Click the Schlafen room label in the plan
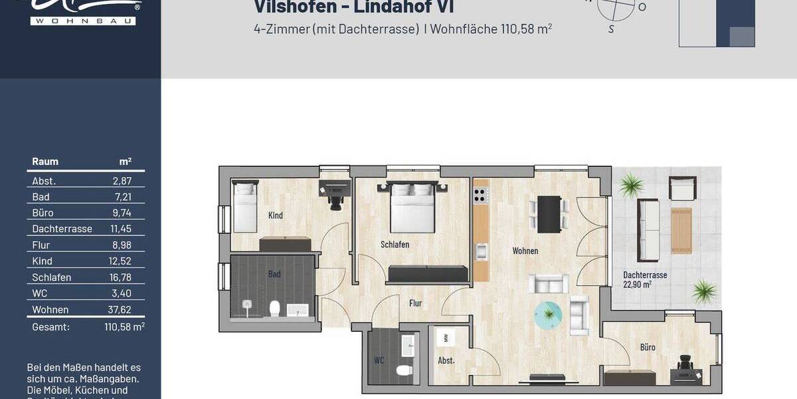(395, 245)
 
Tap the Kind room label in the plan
(276, 215)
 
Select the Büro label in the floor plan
(648, 347)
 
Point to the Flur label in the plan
(415, 303)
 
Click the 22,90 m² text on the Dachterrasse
(637, 285)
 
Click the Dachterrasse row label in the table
(62, 229)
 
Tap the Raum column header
(45, 162)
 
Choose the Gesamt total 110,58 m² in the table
(124, 327)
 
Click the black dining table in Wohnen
(549, 213)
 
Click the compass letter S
(611, 29)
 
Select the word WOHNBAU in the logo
(83, 21)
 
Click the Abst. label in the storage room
(446, 361)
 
